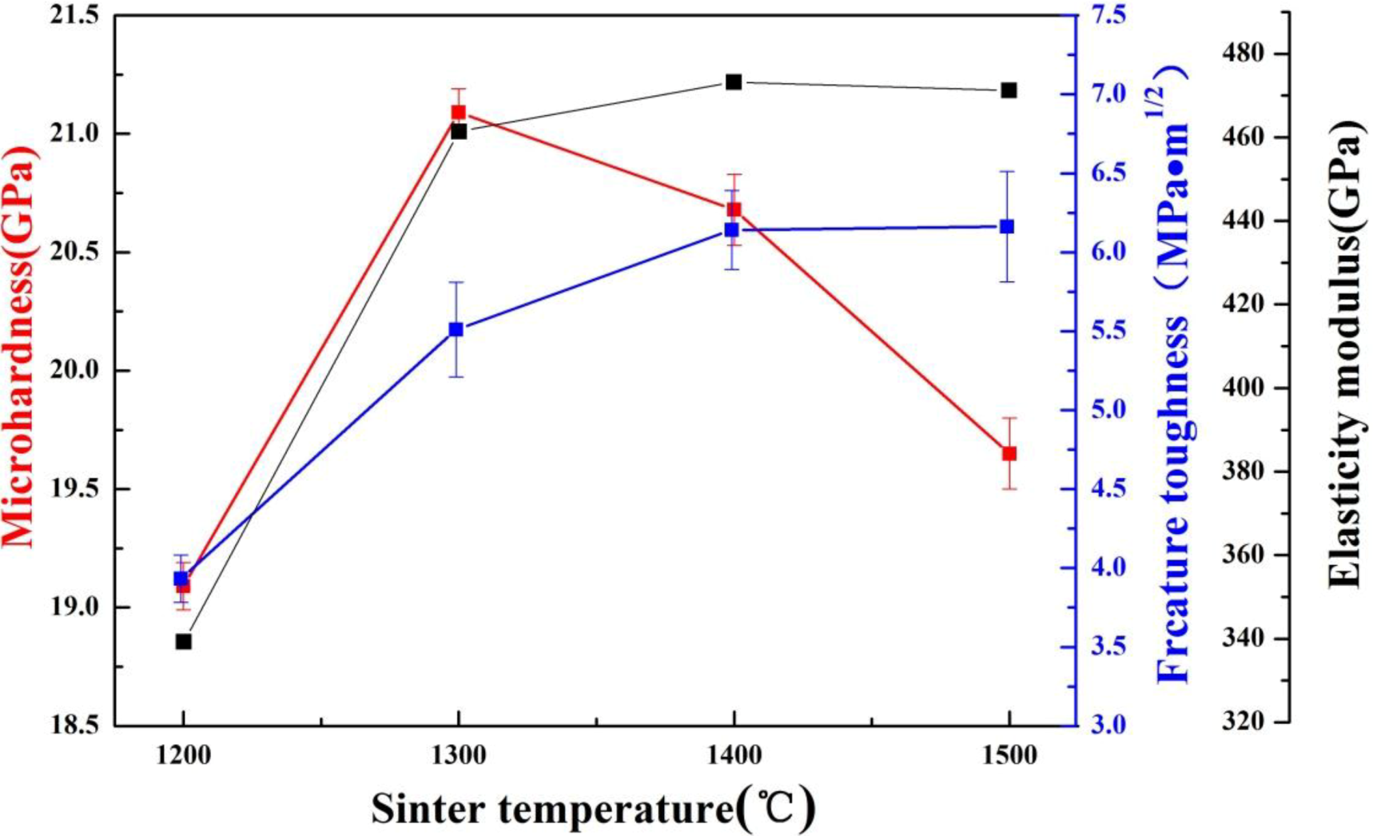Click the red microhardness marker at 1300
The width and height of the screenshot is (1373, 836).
pos(458,112)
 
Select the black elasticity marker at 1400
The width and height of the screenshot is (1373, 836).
pos(734,82)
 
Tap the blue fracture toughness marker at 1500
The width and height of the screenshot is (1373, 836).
pos(1007,227)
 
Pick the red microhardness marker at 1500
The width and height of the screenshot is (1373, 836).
pos(1009,453)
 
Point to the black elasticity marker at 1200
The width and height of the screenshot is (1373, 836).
pos(184,641)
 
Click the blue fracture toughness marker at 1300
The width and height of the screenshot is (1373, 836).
pos(456,329)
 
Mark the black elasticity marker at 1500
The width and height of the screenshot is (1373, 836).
pos(1009,90)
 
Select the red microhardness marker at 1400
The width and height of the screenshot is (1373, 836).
pos(734,210)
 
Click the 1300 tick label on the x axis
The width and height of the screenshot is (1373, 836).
pos(458,756)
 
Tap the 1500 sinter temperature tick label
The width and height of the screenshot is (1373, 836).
pos(1009,756)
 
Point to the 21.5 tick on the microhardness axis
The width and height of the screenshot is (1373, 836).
pos(80,16)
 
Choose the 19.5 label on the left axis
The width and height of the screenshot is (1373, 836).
pos(80,489)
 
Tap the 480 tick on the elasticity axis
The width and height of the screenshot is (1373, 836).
pos(1244,54)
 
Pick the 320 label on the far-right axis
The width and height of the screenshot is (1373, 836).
pos(1244,721)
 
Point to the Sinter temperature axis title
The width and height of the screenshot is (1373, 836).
pos(593,809)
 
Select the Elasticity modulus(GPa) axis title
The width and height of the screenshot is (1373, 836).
pos(1343,354)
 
